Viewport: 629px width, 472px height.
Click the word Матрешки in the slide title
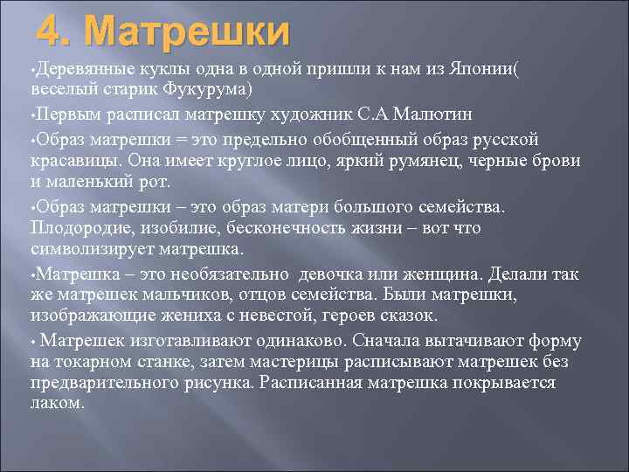click(189, 32)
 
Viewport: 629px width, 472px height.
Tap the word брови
click(560, 161)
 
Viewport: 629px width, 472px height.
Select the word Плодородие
click(83, 227)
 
